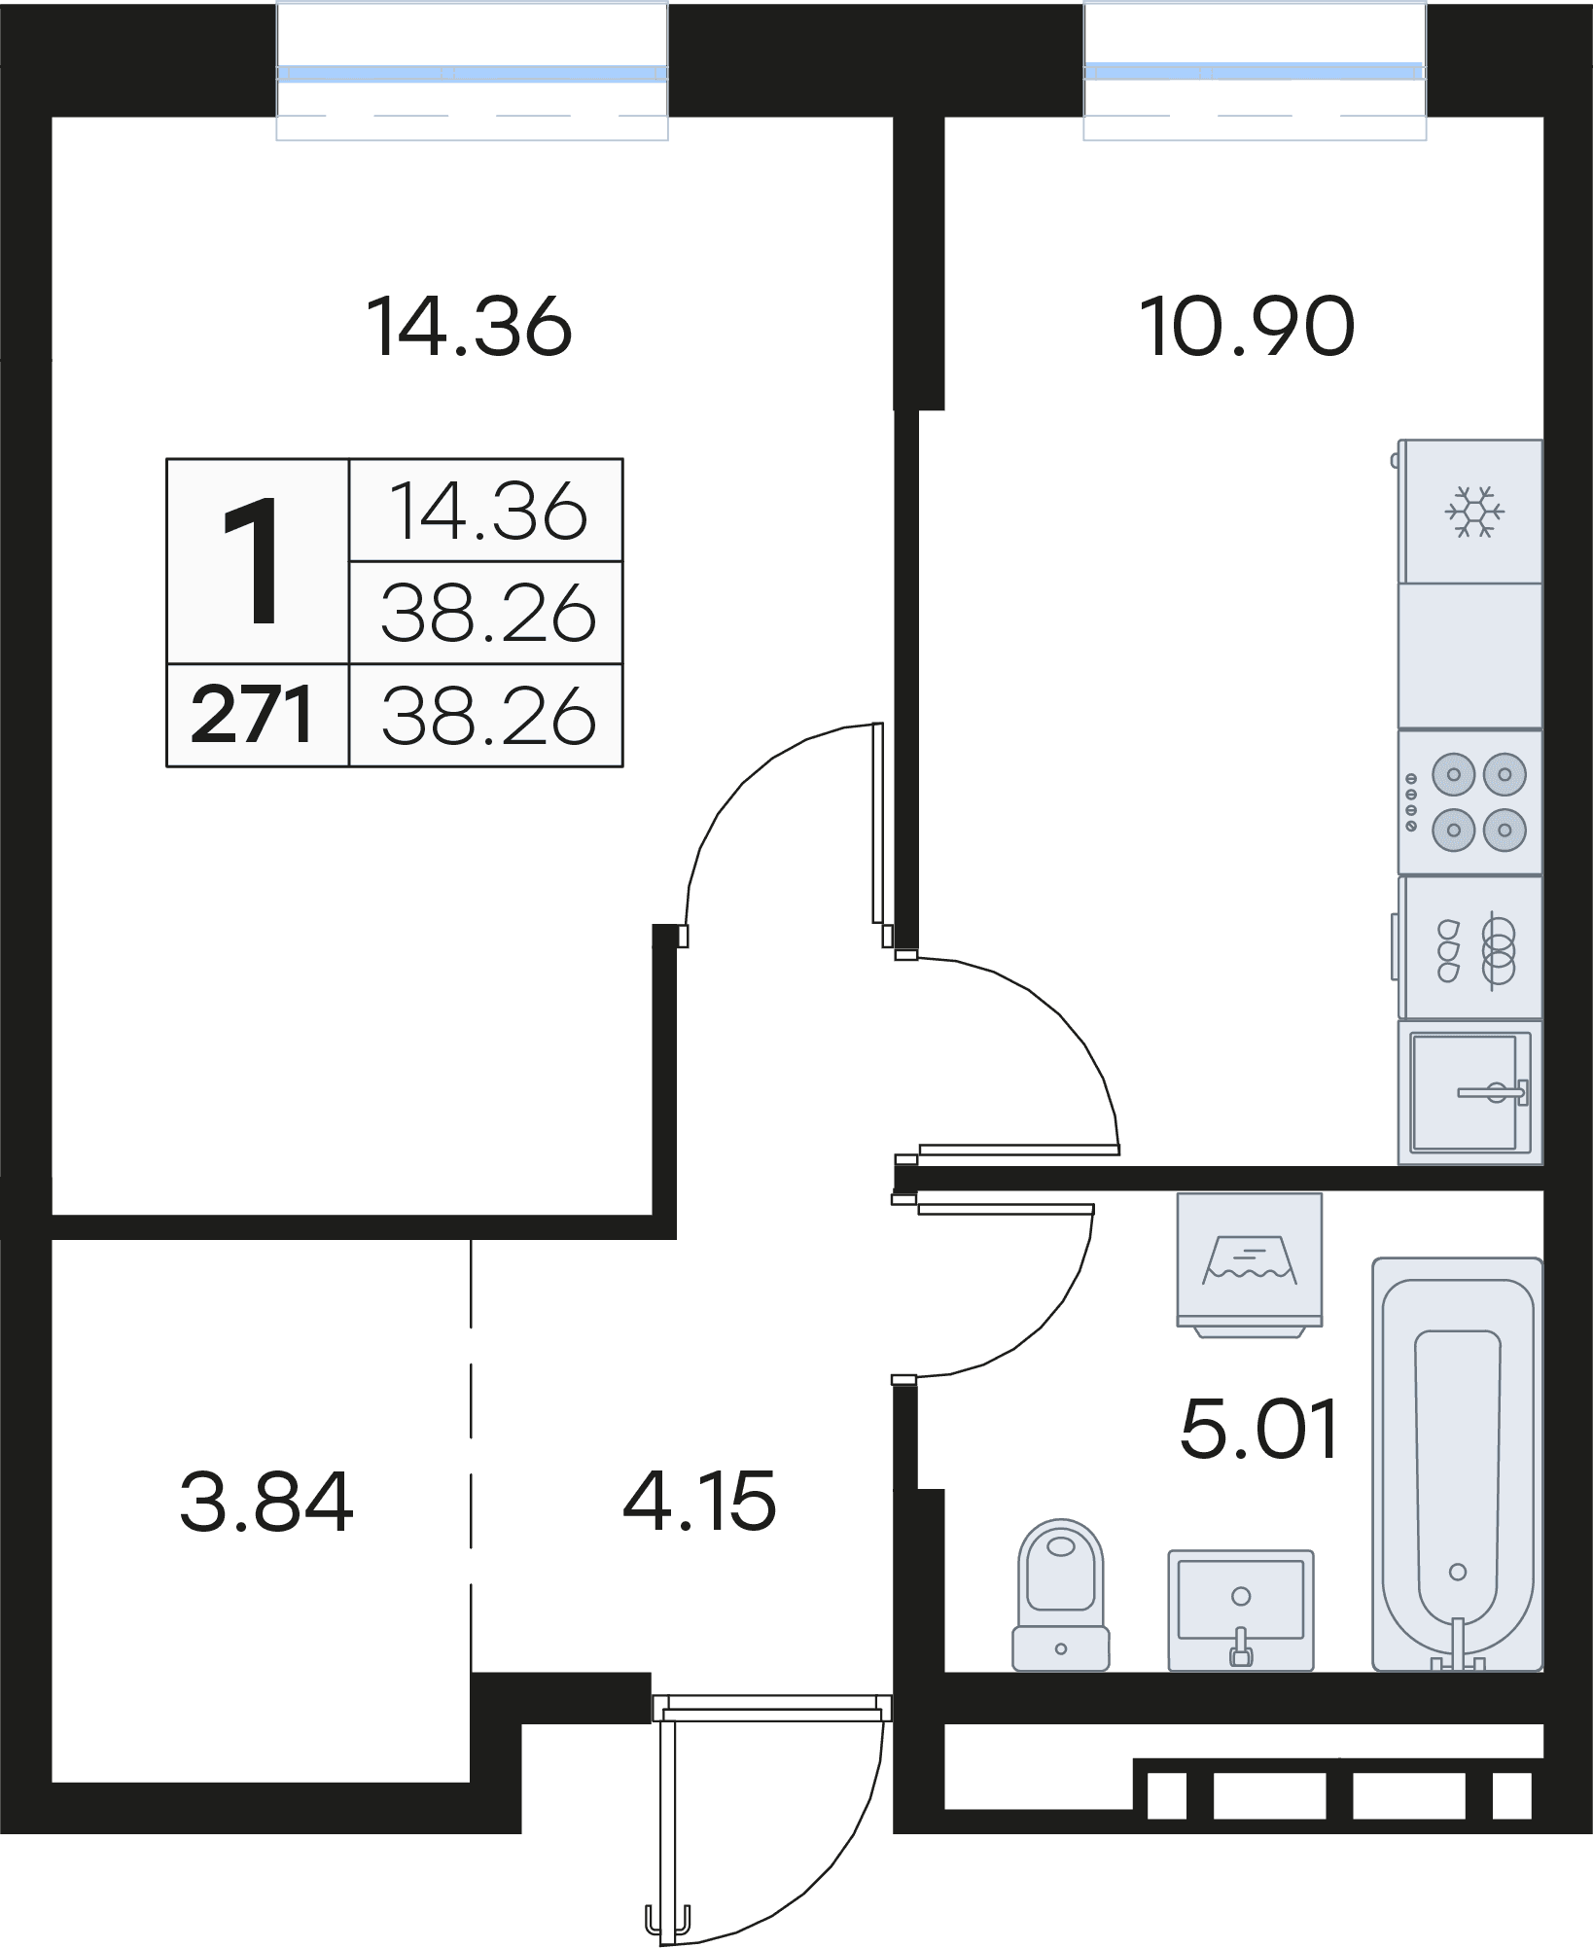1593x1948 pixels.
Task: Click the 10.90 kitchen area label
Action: (1247, 327)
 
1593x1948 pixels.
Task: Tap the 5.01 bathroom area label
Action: (1259, 1429)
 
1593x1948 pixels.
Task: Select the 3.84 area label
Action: (266, 1502)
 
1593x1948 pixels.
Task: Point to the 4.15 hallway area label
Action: (699, 1501)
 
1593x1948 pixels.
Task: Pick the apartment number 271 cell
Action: (253, 715)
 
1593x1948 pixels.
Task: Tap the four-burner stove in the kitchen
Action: (1470, 802)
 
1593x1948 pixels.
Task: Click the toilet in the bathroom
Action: (1060, 1595)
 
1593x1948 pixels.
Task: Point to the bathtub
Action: (1457, 1464)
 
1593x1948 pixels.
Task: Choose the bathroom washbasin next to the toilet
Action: (1240, 1611)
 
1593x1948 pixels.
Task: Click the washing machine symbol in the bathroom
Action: (1250, 1264)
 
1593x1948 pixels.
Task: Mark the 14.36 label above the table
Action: (470, 327)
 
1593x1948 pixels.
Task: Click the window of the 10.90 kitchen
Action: (1255, 71)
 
